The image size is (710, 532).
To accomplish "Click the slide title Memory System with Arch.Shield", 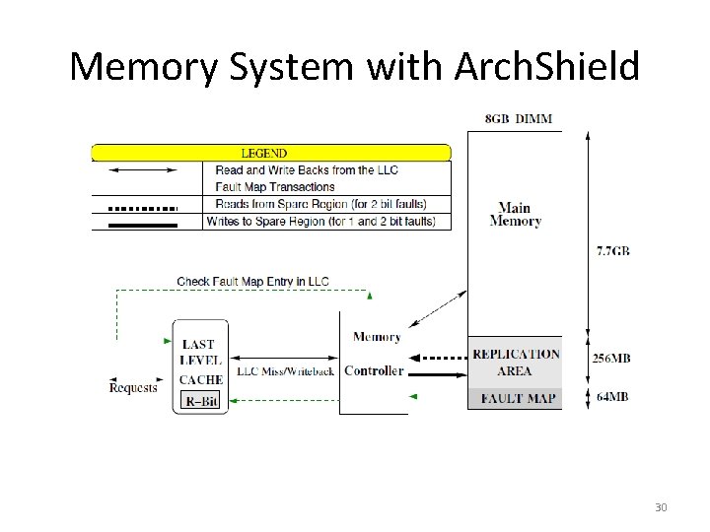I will (355, 67).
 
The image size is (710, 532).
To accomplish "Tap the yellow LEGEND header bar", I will (271, 153).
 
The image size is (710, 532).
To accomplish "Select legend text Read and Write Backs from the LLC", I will (306, 170).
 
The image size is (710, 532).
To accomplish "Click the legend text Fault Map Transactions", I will (275, 187).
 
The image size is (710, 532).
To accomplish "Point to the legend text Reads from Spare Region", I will (320, 205).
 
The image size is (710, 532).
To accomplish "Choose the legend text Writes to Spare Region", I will (326, 222).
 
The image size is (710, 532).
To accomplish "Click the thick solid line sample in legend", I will (142, 225).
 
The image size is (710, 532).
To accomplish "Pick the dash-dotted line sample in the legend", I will (142, 208).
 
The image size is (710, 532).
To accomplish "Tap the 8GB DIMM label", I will (519, 119).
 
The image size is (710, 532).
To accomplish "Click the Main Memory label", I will (515, 215).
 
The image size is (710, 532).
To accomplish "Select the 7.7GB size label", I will (612, 251).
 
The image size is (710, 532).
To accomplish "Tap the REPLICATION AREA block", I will (515, 363).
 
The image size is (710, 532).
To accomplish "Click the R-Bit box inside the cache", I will (202, 401).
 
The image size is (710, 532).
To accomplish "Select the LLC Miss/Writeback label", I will (285, 371).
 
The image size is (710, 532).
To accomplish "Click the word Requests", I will (133, 388).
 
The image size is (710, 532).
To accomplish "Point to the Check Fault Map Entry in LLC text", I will (252, 282).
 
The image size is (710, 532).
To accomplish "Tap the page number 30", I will (660, 507).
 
